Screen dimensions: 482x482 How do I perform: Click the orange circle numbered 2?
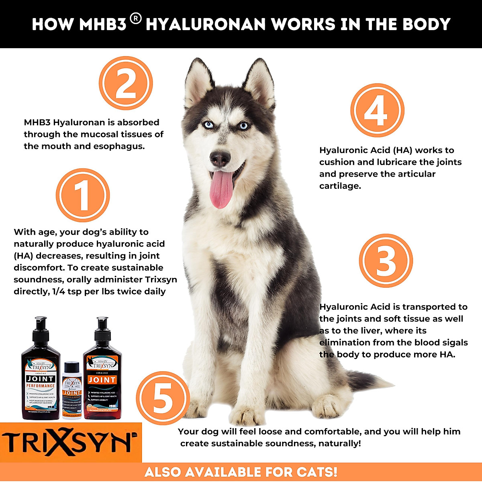click(126, 83)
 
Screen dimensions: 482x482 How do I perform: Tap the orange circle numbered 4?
click(377, 110)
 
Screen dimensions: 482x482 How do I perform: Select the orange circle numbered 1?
click(83, 196)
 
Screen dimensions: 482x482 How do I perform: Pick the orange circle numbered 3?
click(386, 261)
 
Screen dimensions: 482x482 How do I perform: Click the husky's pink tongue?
click(221, 189)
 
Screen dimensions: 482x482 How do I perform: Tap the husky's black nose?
click(220, 158)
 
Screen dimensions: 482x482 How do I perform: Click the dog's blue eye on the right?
click(244, 126)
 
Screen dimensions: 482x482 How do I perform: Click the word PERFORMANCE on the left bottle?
click(41, 386)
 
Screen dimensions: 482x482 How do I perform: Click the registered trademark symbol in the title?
click(136, 19)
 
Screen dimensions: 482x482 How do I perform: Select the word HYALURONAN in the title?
click(205, 25)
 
